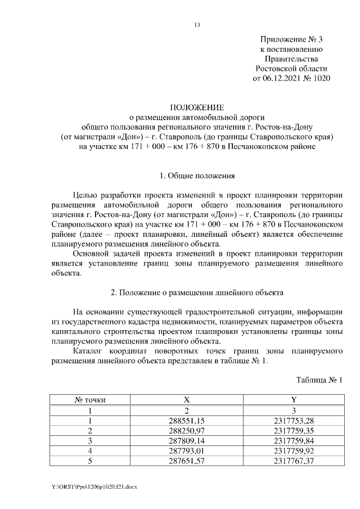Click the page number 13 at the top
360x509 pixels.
tap(197, 25)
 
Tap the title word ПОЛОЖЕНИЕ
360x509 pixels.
tap(197, 107)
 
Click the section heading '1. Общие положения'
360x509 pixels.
tap(197, 176)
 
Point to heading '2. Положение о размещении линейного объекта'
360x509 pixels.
tap(197, 292)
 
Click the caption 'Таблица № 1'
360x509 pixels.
tap(319, 381)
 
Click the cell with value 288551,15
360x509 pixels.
tap(187, 420)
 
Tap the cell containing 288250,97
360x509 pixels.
tap(187, 430)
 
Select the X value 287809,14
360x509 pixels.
tap(187, 440)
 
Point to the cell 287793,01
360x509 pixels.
tap(187, 451)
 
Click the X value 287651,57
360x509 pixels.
tap(187, 461)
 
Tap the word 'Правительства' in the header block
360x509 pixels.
tap(292, 58)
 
